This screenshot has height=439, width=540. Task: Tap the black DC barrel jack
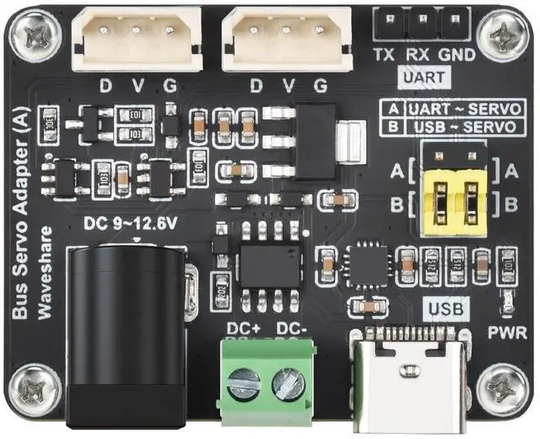[127, 338]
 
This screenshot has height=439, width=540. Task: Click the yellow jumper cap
[455, 203]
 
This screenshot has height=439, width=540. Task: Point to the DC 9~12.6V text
[132, 225]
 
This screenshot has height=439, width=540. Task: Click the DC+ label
[244, 328]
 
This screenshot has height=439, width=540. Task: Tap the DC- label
[291, 328]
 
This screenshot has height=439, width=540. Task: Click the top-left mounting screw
[35, 35]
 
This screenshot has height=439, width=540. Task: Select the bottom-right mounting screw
[505, 389]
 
